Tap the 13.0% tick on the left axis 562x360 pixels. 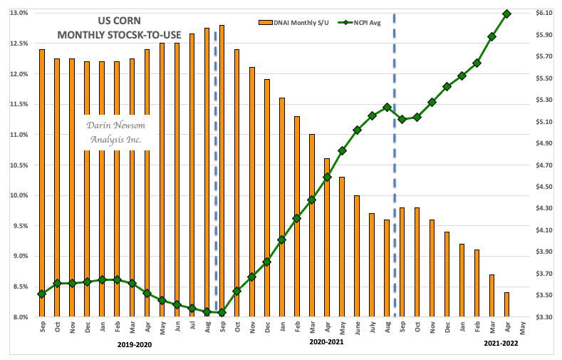[19, 13]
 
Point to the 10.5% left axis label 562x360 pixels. [19, 165]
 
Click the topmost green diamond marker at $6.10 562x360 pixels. [507, 14]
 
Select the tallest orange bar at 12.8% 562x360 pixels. [222, 171]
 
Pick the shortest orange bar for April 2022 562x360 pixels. [507, 304]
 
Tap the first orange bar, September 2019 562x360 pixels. [41, 182]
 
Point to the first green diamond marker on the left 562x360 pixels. [41, 294]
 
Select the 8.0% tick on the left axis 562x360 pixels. [19, 317]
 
